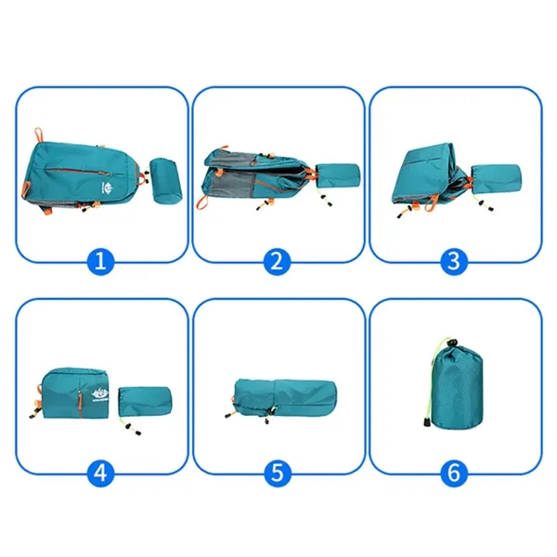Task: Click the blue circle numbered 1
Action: (x=103, y=261)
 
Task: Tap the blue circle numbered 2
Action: (x=275, y=261)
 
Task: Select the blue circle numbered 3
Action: (x=452, y=261)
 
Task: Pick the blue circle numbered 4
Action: (x=103, y=473)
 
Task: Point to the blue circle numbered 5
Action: (x=275, y=473)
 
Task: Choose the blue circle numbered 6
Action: (x=452, y=473)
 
